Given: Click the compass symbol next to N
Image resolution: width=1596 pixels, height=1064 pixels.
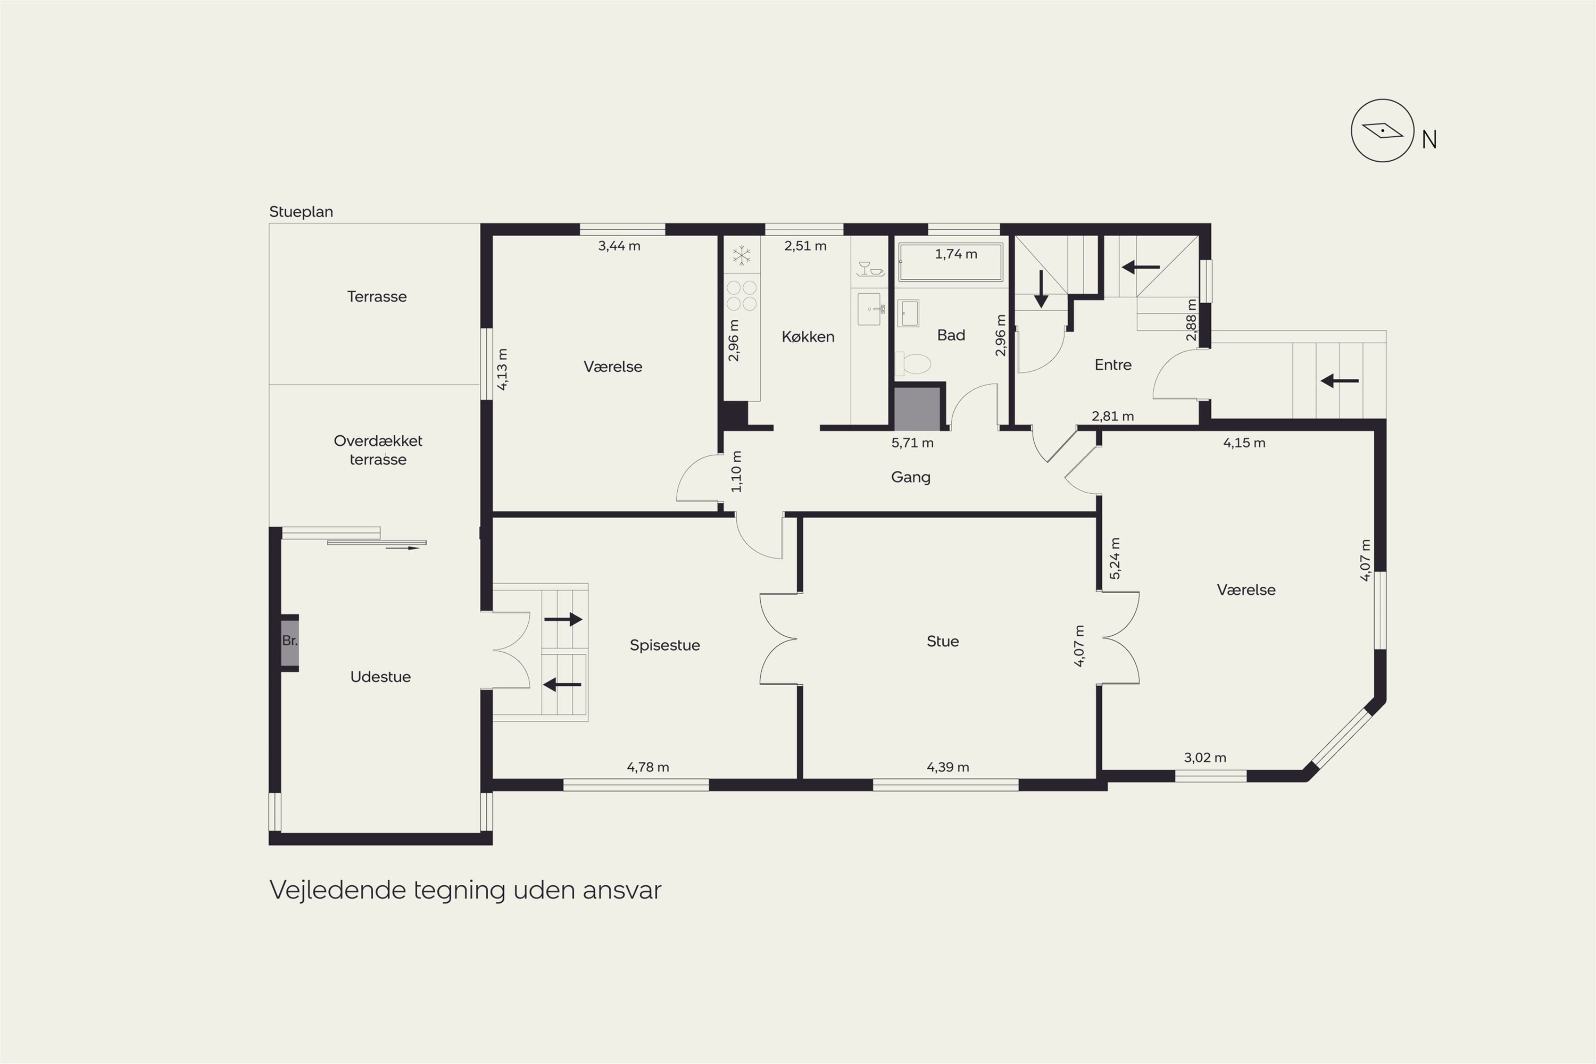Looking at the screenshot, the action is pyautogui.click(x=1382, y=130).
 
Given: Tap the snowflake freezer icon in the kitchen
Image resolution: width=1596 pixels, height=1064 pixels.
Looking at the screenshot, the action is pyautogui.click(x=742, y=256).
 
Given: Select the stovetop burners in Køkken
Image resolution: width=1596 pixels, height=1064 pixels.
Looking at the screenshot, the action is pyautogui.click(x=742, y=296).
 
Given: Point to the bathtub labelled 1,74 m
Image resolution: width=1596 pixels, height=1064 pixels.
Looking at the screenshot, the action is pyautogui.click(x=950, y=262).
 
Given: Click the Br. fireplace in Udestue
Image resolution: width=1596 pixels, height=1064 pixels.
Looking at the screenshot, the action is pyautogui.click(x=290, y=642).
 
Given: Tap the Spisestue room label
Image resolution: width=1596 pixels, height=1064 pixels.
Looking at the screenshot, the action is pyautogui.click(x=664, y=645).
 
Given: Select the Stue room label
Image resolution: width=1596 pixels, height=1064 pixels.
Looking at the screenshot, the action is pyautogui.click(x=943, y=641).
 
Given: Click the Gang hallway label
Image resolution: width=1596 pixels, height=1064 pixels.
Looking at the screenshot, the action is pyautogui.click(x=911, y=478).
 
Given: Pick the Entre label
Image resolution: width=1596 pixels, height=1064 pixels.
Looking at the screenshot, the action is pyautogui.click(x=1113, y=365).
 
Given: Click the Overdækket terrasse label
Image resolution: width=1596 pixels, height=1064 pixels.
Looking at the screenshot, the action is pyautogui.click(x=378, y=450).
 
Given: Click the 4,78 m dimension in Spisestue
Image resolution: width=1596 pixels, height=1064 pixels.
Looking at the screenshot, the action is pyautogui.click(x=647, y=768).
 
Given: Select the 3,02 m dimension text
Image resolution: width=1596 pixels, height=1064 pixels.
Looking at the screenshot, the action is pyautogui.click(x=1204, y=758).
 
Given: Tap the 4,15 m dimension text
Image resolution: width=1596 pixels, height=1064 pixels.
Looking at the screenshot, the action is pyautogui.click(x=1244, y=443).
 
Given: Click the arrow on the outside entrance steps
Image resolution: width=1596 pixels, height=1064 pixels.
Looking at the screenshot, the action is pyautogui.click(x=1340, y=381).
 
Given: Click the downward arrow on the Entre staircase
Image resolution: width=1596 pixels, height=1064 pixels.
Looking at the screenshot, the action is pyautogui.click(x=1040, y=288).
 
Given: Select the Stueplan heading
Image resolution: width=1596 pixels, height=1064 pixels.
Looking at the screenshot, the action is pyautogui.click(x=301, y=212).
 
